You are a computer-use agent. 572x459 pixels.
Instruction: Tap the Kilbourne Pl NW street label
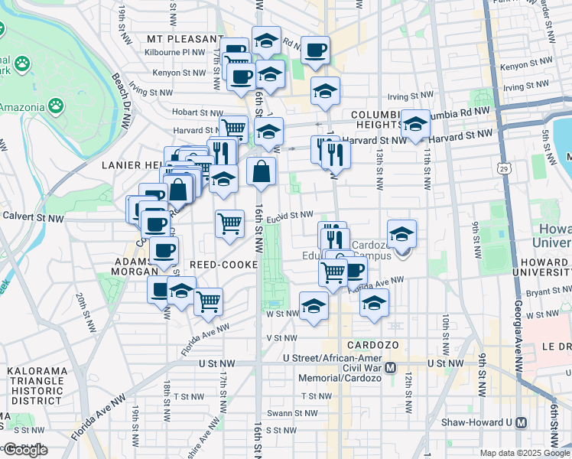(175, 53)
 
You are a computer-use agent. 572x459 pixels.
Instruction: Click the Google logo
(24, 450)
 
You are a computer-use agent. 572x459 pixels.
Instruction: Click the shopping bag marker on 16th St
(262, 171)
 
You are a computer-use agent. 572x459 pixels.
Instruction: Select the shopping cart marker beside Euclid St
(229, 224)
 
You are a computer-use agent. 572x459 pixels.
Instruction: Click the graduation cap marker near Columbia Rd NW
(415, 124)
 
